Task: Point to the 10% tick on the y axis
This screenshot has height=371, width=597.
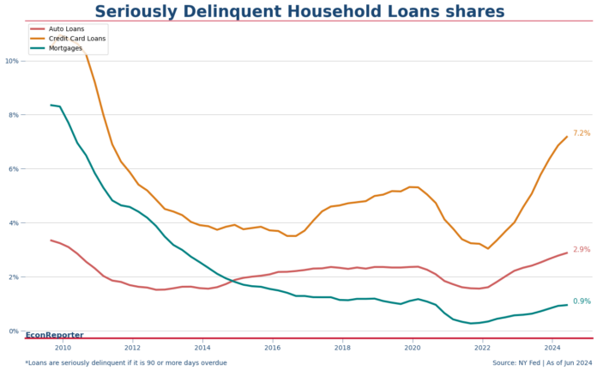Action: click(12, 61)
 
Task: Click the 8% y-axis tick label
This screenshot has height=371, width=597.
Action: click(14, 115)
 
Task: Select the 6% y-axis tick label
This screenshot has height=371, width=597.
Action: click(14, 169)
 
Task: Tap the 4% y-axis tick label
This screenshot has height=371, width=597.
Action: click(14, 223)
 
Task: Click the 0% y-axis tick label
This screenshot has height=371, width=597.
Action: click(14, 331)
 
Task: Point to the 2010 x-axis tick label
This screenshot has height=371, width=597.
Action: click(63, 347)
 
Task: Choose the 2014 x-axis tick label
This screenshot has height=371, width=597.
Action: click(202, 347)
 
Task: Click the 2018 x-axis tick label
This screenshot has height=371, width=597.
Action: click(342, 347)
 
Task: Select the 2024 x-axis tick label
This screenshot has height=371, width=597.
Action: click(552, 347)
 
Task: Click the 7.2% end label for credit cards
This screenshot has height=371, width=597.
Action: click(582, 133)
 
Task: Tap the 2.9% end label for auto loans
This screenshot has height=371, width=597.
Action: click(582, 250)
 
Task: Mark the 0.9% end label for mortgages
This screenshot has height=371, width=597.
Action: click(582, 301)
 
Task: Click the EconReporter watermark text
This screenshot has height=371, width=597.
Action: click(54, 335)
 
